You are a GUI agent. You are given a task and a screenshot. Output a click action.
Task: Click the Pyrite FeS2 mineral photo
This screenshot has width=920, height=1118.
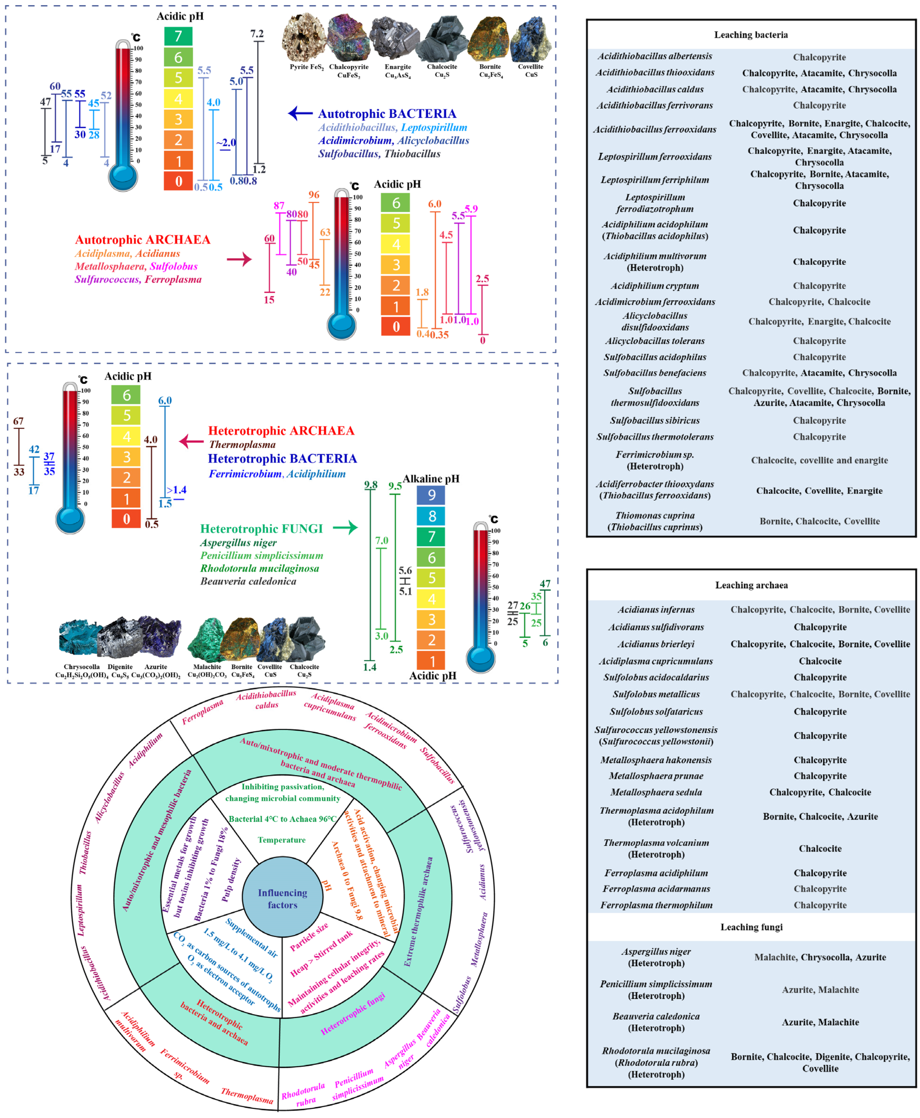(304, 38)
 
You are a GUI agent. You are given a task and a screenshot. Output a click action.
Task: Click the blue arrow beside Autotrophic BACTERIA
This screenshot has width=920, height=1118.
(300, 113)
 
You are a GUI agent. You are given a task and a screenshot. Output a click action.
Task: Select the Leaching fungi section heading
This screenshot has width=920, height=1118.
(751, 927)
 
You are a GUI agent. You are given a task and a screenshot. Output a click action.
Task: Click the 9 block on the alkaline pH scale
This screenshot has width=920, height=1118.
(432, 495)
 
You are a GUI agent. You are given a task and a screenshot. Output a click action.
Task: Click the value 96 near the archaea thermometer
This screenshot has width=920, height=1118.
(314, 194)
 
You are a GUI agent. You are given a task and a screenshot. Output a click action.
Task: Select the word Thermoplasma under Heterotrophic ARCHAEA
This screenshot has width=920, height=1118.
(242, 445)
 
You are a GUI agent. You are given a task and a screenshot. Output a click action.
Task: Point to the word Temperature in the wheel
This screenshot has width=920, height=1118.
(282, 840)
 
